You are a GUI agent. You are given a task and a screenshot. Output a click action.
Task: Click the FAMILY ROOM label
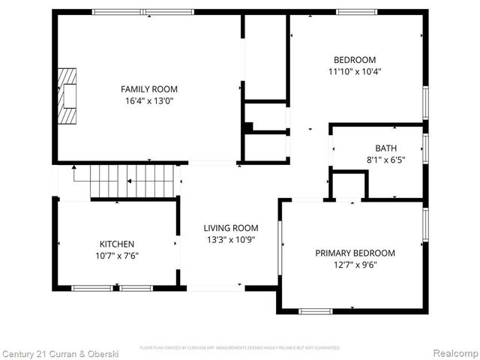pos(149,88)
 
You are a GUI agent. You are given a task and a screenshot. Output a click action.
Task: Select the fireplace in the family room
pos(69,96)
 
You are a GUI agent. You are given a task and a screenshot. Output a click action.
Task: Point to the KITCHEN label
pos(117,244)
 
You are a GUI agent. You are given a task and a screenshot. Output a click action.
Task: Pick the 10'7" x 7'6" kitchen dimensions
pos(117,256)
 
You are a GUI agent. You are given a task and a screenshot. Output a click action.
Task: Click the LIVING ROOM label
pos(231,228)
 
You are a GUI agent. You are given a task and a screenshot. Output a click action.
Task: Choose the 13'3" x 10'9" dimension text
pos(231,240)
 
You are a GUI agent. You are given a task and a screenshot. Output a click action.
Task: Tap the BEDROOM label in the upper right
pos(355,60)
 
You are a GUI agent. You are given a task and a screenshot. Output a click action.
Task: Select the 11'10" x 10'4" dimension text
pos(355,72)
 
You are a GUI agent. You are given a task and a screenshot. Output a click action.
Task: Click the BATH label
pos(386,148)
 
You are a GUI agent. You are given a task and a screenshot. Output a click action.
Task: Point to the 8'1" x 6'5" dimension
pos(386,160)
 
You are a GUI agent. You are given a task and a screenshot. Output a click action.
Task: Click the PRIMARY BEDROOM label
pos(355,253)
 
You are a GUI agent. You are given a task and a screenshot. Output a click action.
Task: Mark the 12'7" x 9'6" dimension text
pos(355,265)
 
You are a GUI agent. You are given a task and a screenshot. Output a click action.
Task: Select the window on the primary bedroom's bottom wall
pos(315,311)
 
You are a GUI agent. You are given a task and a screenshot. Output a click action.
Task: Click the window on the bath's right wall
pos(425,147)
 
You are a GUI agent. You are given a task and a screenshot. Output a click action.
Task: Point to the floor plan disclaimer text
pos(240,348)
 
